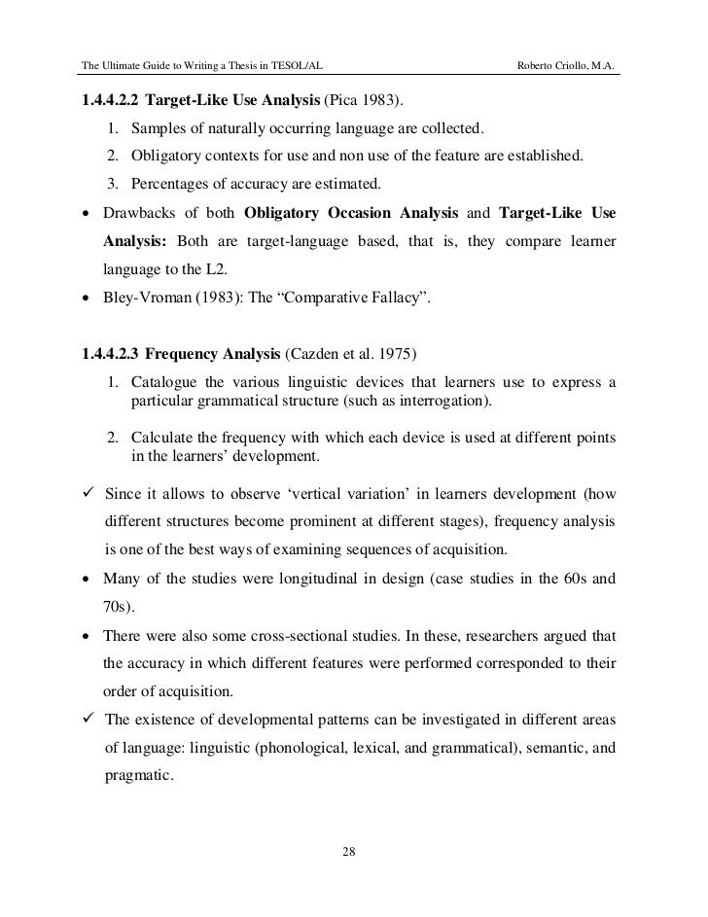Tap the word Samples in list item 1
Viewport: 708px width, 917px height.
[157, 129]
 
